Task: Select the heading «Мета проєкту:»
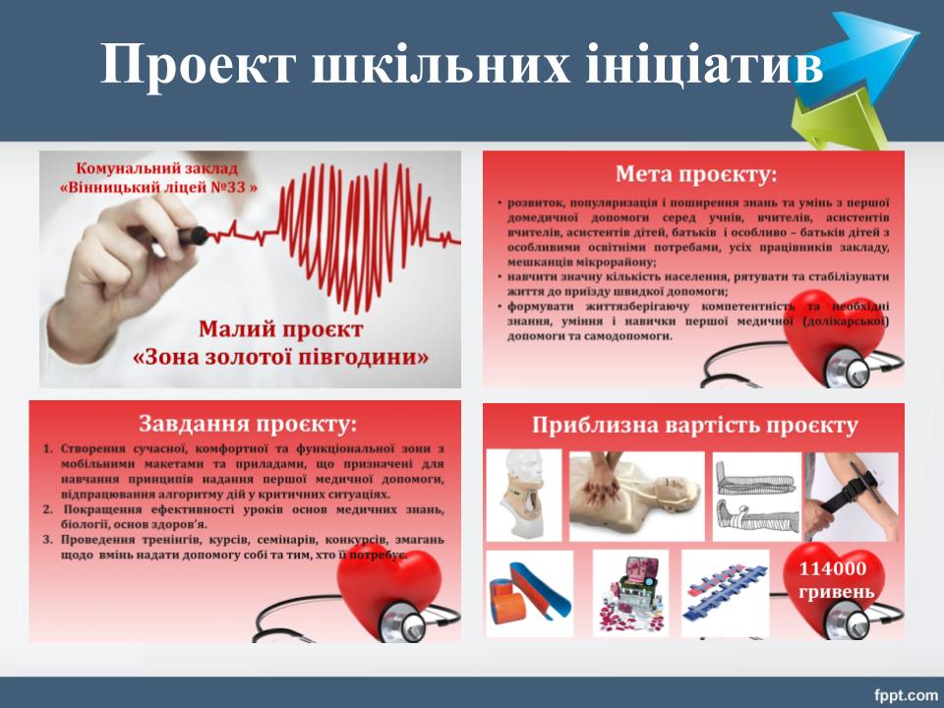coord(696,175)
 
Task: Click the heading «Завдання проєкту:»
coord(248,424)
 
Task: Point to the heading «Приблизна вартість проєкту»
coord(694,425)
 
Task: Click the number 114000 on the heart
coord(833,568)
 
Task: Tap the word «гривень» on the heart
coord(836,592)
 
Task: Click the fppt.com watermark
coord(906,695)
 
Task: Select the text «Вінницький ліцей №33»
coord(158,187)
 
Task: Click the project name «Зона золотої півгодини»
coord(280,357)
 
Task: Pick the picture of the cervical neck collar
coord(524,495)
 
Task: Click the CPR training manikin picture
coord(636,496)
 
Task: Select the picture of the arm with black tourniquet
coord(852,496)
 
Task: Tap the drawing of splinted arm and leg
coord(757,497)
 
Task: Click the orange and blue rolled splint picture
coord(529,593)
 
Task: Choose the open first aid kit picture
coord(630,593)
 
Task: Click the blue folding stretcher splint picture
coord(725,593)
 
